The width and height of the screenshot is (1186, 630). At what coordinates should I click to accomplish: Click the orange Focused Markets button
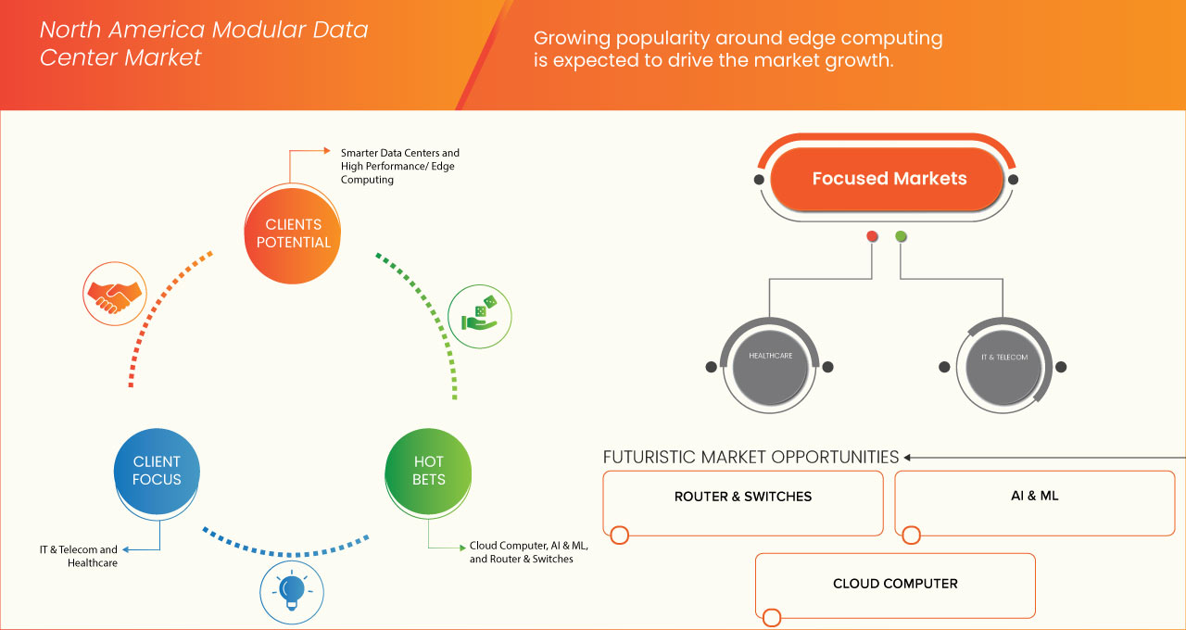click(x=889, y=179)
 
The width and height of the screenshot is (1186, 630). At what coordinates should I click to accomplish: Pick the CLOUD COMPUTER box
click(x=895, y=586)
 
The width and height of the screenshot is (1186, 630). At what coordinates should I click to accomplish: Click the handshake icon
click(x=114, y=294)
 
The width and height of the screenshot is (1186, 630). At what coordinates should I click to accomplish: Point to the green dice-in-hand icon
click(x=479, y=315)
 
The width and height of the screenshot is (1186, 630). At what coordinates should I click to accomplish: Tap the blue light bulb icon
click(x=292, y=590)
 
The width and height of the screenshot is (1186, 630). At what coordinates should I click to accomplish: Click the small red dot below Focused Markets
click(x=872, y=236)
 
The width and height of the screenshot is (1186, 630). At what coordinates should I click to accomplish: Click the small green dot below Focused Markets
click(x=901, y=236)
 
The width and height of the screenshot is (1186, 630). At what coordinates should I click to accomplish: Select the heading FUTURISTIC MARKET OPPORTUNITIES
click(x=751, y=457)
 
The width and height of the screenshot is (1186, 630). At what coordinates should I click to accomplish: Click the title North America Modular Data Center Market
click(x=204, y=44)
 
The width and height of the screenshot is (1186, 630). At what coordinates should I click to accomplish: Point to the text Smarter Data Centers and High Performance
click(x=399, y=166)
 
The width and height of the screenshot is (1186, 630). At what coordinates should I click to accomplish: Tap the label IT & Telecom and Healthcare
click(x=79, y=556)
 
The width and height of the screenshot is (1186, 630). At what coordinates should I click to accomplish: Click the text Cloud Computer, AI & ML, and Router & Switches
click(x=528, y=552)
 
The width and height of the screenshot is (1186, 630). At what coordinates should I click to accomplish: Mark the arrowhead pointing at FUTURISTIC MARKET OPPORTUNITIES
click(x=908, y=457)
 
